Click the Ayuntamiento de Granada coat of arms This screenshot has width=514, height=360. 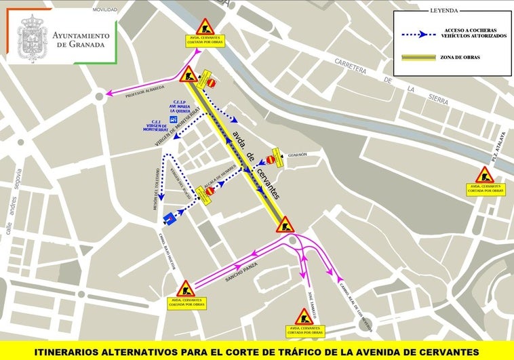33,39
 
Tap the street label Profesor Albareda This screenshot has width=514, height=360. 146,92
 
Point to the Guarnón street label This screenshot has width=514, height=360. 296,155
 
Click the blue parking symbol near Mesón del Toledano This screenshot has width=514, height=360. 168,218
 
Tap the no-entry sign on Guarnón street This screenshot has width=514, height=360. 271,161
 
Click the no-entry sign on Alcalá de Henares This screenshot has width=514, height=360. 210,191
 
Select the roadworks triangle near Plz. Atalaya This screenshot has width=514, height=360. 483,175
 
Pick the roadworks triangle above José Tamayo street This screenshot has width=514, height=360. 303,317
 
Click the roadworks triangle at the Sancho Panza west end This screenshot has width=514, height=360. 184,288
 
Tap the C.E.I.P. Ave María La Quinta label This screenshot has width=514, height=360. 179,108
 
